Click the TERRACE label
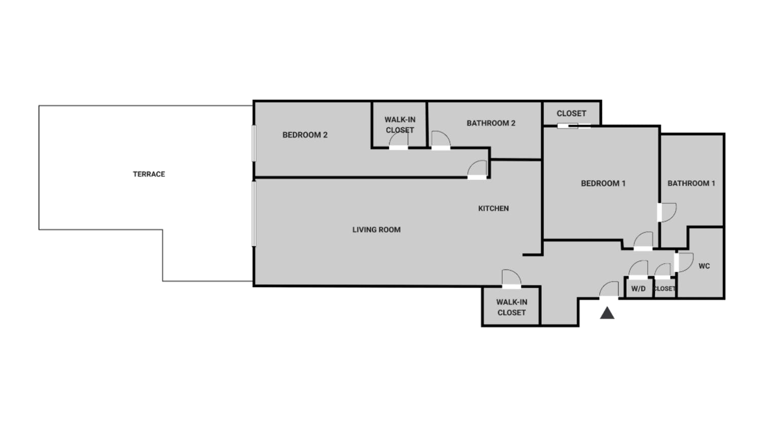149,174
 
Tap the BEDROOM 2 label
305,135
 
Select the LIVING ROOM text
376,230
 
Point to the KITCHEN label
494,209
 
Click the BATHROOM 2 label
491,124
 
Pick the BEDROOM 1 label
604,183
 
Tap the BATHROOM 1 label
691,183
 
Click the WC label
704,266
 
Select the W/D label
639,289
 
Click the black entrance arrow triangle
607,313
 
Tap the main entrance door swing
609,290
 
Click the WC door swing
684,262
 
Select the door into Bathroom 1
667,212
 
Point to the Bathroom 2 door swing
441,140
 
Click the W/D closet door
639,269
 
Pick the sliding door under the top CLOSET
574,126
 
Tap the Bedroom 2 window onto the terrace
254,143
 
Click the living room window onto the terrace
254,214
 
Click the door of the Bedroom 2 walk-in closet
399,140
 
